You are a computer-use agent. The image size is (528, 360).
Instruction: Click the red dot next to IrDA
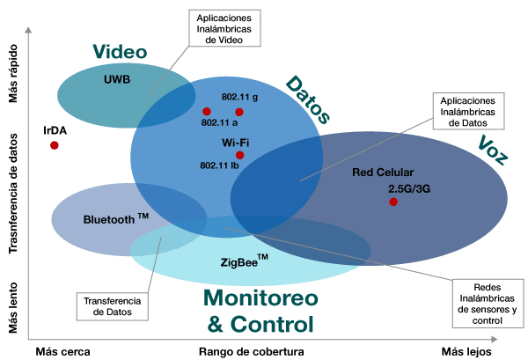[55, 145]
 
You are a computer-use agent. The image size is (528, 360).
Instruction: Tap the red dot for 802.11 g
[239, 112]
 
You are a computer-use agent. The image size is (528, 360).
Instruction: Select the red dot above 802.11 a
[207, 112]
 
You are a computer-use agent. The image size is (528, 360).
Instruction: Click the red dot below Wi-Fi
[239, 155]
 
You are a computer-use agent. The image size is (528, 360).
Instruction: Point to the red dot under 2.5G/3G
[393, 202]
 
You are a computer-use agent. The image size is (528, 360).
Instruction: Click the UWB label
[116, 79]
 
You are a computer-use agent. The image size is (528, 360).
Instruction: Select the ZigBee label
[242, 261]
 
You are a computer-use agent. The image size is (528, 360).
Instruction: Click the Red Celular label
[382, 172]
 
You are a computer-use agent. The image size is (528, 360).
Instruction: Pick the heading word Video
[120, 52]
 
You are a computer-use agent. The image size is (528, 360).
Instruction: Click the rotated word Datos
[308, 98]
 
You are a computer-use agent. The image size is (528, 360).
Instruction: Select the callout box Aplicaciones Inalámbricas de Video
[223, 30]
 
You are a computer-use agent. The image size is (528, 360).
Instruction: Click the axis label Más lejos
[466, 351]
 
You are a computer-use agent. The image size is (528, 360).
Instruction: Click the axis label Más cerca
[63, 351]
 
